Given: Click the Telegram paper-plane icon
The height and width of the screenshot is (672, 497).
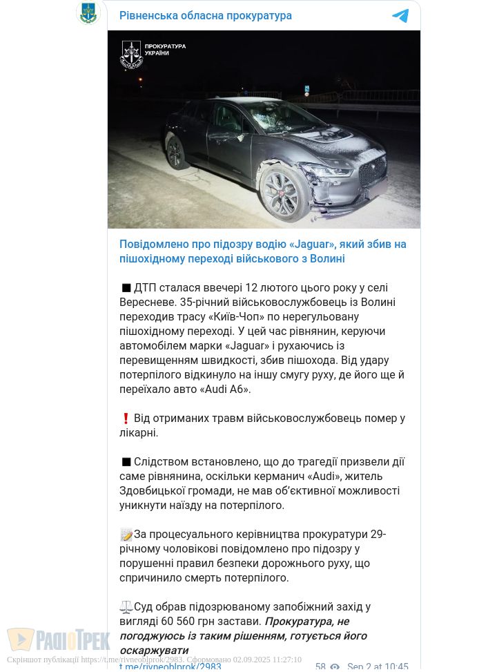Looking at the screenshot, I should pos(400,16).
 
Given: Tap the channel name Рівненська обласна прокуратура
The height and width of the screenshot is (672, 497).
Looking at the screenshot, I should pos(206,15).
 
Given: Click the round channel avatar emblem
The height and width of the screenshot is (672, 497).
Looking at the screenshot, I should pos(88,13).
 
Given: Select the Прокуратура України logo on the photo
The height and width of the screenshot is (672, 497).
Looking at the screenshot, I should pos(153,54).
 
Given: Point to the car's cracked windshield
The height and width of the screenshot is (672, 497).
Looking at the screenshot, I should pos(273,115).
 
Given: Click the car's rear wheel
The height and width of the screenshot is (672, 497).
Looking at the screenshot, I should pos(175,152).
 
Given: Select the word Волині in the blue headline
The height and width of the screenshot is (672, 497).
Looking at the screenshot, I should pos(326,258).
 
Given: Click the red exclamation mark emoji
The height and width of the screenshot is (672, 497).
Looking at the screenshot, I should pos(126,419).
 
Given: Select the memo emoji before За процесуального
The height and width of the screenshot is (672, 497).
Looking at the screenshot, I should pos(126,535).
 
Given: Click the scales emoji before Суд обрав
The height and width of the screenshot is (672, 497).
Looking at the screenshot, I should pos(126,607).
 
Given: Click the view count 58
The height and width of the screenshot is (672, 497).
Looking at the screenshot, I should pos(320,666).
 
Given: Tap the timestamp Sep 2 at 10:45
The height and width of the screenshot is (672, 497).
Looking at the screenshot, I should pos(378,666).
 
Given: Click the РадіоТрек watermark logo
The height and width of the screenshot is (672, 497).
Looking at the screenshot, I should pos(59,640).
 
